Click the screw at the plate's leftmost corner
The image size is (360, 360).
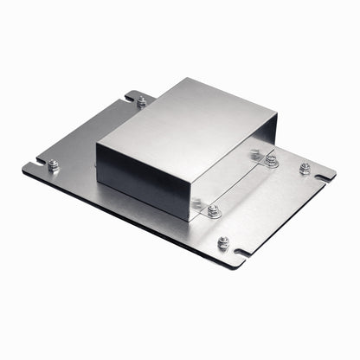pyautogui.click(x=54, y=164)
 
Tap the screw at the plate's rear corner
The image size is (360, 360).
pyautogui.click(x=141, y=101)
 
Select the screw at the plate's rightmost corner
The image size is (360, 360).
pyautogui.click(x=305, y=168)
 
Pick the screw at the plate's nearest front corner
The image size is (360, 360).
pyautogui.click(x=223, y=243)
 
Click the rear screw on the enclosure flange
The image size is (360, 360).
pyautogui.click(x=271, y=160)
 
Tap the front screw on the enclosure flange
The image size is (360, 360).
pyautogui.click(x=213, y=211)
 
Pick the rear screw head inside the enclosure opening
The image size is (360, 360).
pyautogui.click(x=255, y=154)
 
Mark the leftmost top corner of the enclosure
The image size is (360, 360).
pyautogui.click(x=97, y=143)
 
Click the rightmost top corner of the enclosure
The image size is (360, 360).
pyautogui.click(x=277, y=115)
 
